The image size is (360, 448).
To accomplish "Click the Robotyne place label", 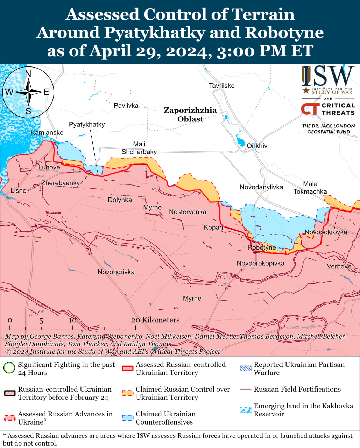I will [262, 247].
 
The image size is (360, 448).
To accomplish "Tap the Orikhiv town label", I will [257, 146].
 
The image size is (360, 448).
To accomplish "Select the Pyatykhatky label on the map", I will [87, 124].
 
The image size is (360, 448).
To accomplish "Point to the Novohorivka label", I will [116, 272].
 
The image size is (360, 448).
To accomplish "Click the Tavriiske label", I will [221, 86].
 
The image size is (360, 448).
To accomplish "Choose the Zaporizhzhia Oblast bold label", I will [190, 114].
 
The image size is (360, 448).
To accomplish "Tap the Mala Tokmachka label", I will [310, 188].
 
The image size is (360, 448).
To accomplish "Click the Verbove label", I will [339, 266].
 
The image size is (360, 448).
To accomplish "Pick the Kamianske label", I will [47, 132].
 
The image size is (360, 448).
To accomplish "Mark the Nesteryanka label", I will [188, 212].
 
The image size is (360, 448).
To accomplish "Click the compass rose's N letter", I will [28, 73].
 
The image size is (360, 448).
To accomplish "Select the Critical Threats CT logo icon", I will [310, 109].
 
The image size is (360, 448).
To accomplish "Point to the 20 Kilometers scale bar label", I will [155, 320].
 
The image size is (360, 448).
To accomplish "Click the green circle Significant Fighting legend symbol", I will [9, 368].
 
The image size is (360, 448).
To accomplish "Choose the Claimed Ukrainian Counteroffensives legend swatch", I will [128, 418].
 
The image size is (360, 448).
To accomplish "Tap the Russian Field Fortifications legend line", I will [246, 389].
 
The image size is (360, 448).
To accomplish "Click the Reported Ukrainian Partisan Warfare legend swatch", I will [246, 368].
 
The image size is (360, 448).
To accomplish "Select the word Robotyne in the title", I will [284, 33].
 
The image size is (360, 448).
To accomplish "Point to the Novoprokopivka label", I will [261, 263].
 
